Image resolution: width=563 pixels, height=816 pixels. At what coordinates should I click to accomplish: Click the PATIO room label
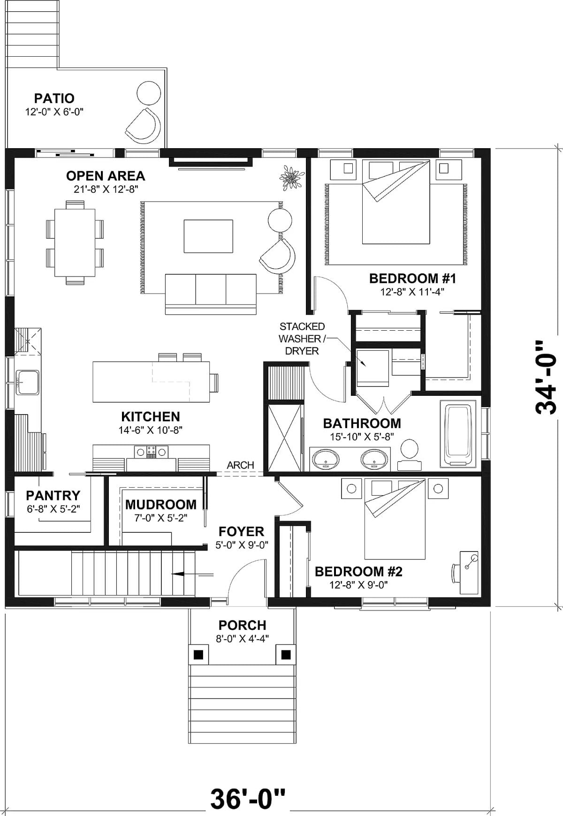(54, 98)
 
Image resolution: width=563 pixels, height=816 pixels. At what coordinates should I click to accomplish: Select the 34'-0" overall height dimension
(546, 377)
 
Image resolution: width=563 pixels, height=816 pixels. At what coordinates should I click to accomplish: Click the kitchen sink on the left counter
(28, 380)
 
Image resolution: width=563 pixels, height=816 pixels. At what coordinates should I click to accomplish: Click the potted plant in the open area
(291, 178)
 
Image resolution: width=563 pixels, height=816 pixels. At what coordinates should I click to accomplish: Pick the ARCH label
(240, 465)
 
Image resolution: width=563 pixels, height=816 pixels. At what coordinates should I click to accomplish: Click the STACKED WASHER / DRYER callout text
(302, 339)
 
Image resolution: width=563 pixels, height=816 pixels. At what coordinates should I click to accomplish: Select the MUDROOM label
(160, 505)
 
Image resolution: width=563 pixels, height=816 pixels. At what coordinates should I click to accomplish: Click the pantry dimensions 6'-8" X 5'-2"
(53, 509)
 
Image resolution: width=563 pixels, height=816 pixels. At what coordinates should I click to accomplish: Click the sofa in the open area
(211, 294)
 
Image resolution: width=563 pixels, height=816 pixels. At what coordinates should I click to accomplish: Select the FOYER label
(241, 531)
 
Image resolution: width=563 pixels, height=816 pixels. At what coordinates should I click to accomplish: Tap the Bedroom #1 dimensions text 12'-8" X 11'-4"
(412, 292)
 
